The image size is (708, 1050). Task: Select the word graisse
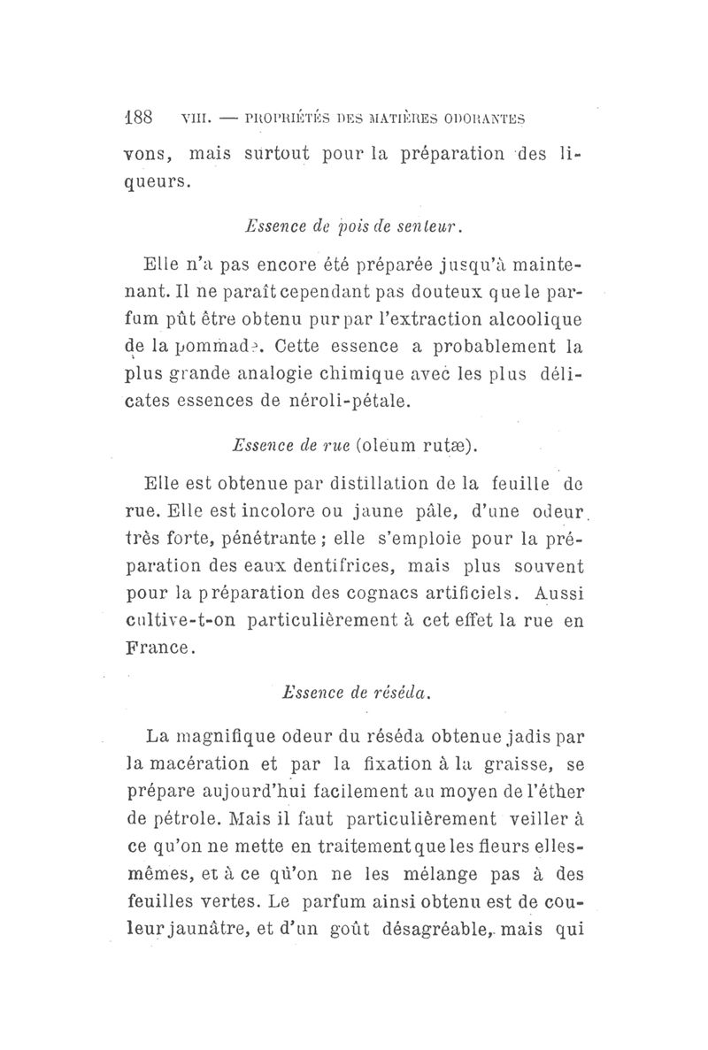508,764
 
